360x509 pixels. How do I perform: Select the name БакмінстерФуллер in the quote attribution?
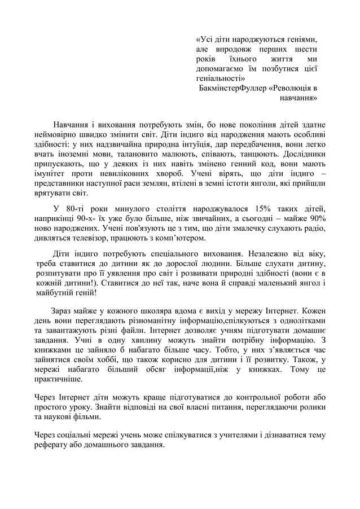click(x=231, y=88)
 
